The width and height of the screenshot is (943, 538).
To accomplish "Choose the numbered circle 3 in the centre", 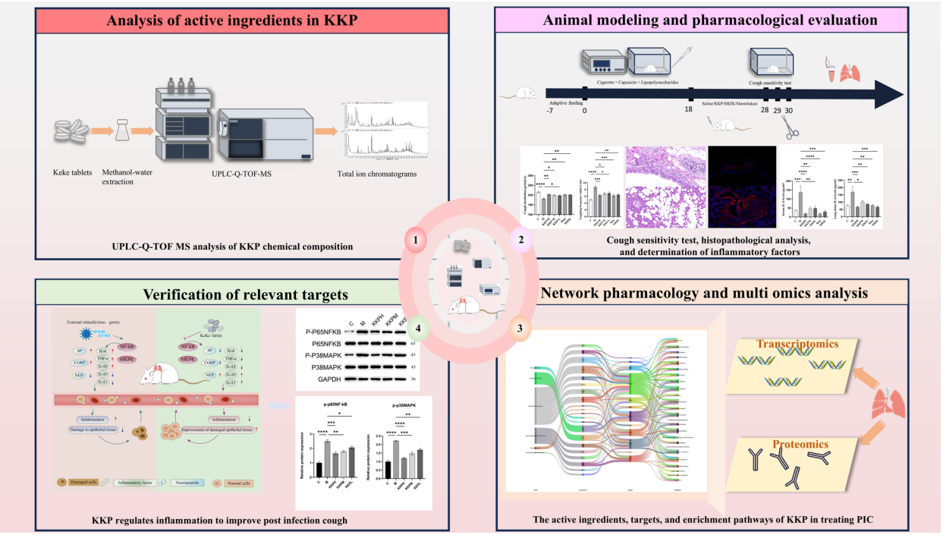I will [519, 328].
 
